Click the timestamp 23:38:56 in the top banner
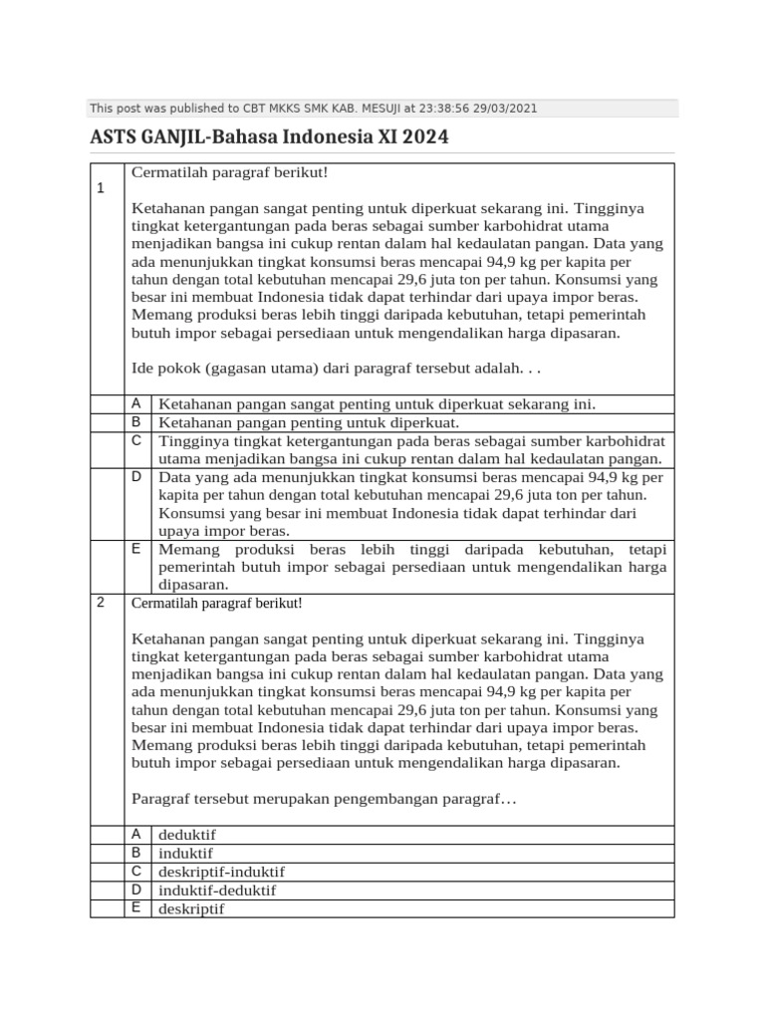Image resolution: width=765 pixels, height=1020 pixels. tap(449, 109)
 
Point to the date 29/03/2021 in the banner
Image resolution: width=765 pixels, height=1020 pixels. tap(507, 109)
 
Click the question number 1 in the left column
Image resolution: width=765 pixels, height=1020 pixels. tap(101, 189)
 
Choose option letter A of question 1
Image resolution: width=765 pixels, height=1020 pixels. tap(135, 402)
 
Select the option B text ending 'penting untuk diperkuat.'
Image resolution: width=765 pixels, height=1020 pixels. tap(309, 422)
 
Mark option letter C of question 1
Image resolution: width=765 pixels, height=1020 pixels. tap(135, 439)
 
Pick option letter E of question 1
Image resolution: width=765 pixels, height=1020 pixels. tap(135, 549)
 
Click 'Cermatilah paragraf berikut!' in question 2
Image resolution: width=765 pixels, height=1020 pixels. tap(216, 604)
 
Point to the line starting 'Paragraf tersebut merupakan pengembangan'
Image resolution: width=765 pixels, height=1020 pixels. tap(325, 799)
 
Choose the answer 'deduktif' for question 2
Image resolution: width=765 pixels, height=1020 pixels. tap(187, 836)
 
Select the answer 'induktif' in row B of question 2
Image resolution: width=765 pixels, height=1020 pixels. tap(185, 854)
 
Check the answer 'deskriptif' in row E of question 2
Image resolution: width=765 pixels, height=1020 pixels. tap(191, 908)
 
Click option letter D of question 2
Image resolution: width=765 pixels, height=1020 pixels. tap(135, 890)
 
